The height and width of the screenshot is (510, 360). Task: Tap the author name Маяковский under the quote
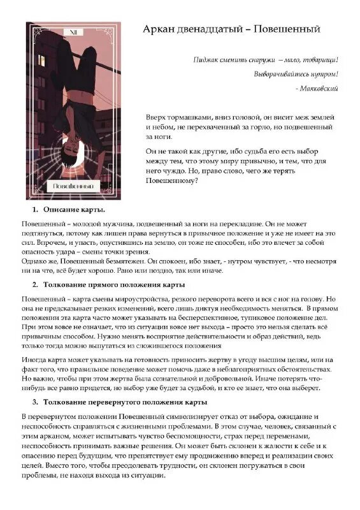pyautogui.click(x=319, y=88)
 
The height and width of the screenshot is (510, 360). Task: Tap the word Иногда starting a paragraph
pyautogui.click(x=36, y=359)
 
